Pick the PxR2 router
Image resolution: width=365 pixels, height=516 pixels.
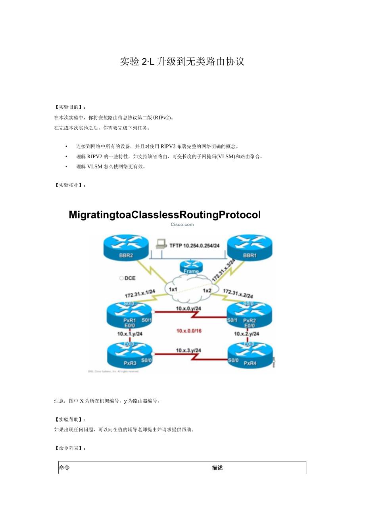(x=249, y=314)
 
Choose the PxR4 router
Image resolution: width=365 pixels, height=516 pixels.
(x=250, y=355)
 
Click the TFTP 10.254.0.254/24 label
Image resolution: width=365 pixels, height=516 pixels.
(x=195, y=246)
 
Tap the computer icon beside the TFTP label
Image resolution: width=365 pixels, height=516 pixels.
(x=160, y=244)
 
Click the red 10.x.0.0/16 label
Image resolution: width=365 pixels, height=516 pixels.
(x=189, y=330)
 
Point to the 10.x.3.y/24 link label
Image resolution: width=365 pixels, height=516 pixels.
(x=188, y=350)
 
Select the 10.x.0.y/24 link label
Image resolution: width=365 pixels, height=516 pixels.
(x=189, y=309)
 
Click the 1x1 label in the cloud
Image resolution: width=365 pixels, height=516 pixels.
(x=173, y=290)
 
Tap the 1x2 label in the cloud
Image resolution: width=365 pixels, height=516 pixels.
(x=207, y=291)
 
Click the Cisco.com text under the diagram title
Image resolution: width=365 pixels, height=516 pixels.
(x=182, y=224)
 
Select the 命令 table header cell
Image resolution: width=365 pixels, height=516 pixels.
(x=64, y=468)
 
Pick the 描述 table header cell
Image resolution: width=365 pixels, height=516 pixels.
(x=217, y=468)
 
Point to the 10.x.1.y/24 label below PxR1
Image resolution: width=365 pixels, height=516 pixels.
(x=130, y=334)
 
